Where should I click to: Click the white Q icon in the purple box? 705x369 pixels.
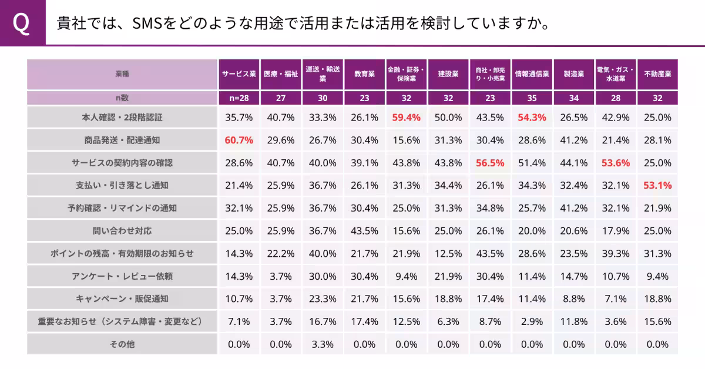click(22, 24)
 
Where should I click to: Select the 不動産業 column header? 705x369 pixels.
click(657, 74)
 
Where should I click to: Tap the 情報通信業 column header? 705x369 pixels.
click(532, 74)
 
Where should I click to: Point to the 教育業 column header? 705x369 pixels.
click(364, 74)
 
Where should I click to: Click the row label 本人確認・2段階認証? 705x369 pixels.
click(122, 118)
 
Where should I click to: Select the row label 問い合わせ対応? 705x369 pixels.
click(122, 231)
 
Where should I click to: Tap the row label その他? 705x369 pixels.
click(122, 344)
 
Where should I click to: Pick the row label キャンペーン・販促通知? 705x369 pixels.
click(122, 299)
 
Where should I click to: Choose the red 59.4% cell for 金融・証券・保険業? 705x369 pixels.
click(407, 118)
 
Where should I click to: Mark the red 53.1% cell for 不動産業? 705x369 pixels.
click(657, 186)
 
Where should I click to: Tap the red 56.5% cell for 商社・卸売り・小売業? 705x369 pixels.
click(490, 163)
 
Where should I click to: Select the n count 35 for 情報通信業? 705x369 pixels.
click(532, 98)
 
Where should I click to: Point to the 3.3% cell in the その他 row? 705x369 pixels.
click(323, 344)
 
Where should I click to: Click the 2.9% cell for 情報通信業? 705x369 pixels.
click(532, 322)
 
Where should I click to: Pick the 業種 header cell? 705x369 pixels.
click(122, 74)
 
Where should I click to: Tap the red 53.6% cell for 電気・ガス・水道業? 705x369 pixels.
click(616, 163)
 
